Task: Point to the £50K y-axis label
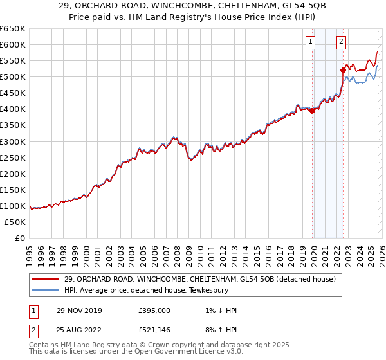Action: tap(14, 222)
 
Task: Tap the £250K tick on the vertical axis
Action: tap(12, 157)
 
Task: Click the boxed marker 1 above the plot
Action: tap(311, 42)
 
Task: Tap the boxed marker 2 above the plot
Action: tap(341, 42)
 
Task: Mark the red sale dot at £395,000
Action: tap(312, 111)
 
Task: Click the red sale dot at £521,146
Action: tap(343, 69)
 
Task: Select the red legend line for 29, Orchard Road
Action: tap(45, 278)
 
